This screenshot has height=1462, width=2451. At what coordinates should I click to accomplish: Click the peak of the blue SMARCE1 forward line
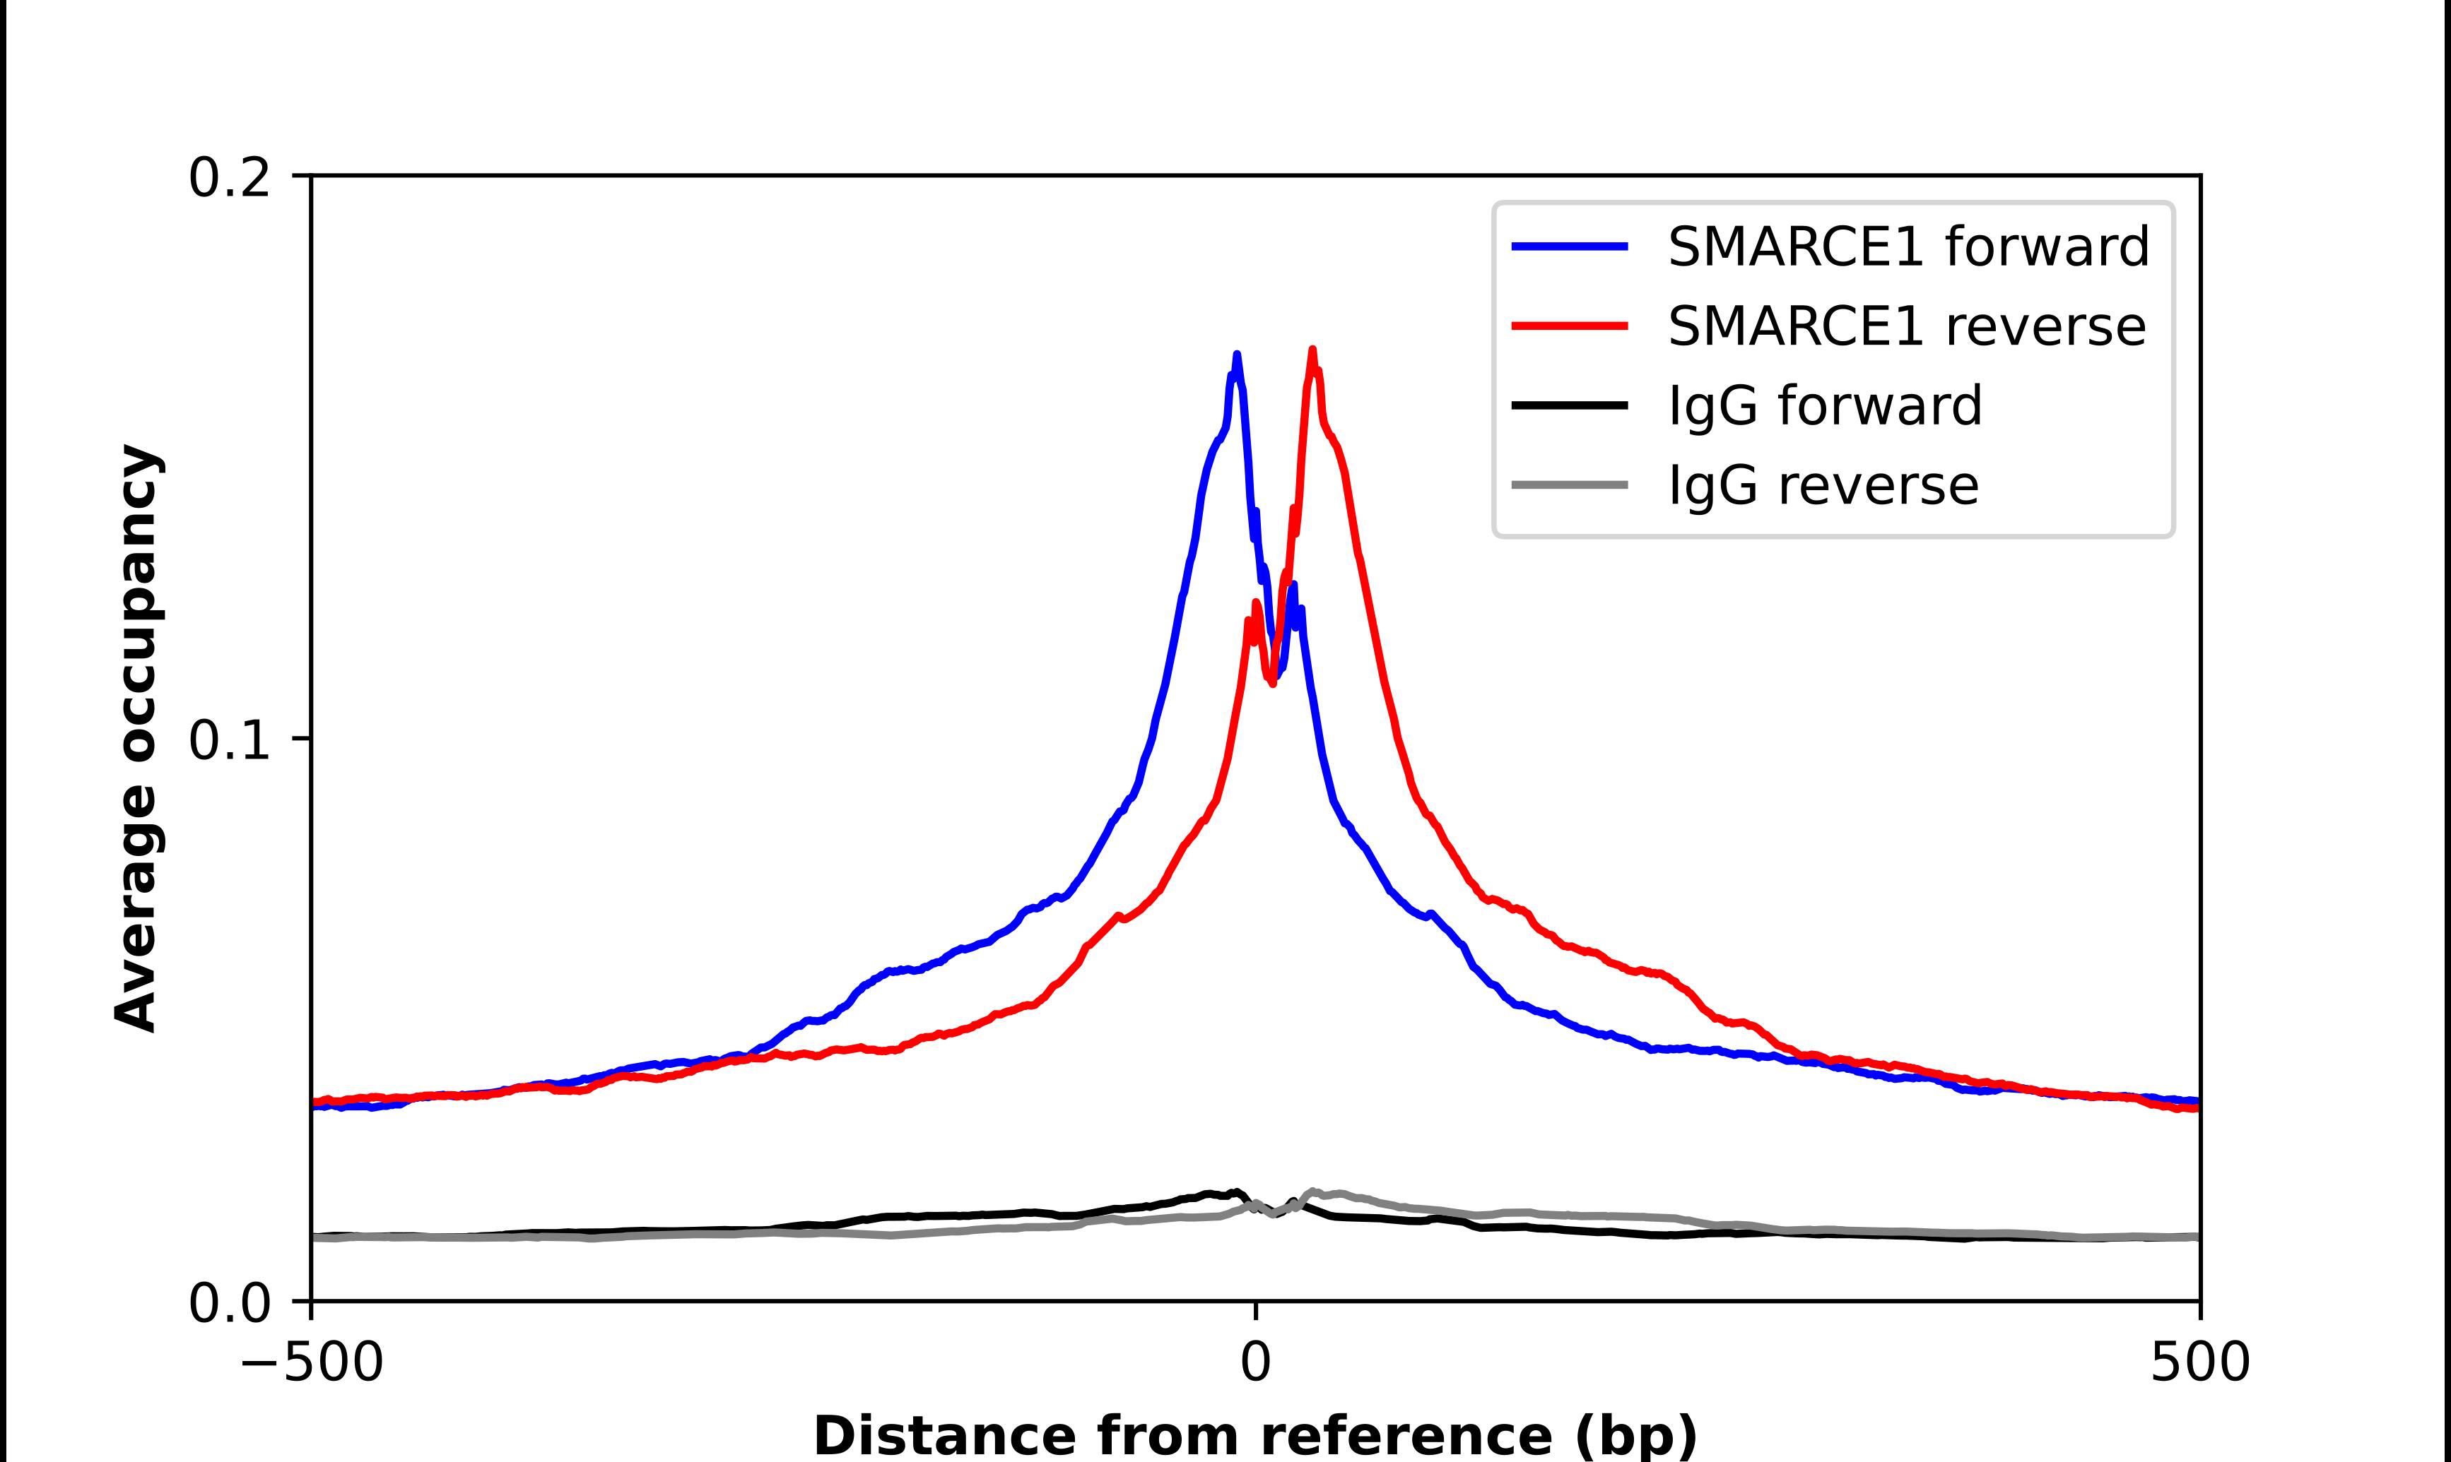(1237, 355)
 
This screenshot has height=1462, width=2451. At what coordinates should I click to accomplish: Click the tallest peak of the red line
(1312, 350)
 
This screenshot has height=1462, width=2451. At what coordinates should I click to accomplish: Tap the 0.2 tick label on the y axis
(229, 178)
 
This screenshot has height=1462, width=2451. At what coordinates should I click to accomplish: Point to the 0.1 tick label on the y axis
(229, 740)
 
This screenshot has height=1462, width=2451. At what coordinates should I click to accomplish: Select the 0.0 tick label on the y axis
(229, 1303)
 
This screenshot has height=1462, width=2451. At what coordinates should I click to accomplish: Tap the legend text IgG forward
(1824, 405)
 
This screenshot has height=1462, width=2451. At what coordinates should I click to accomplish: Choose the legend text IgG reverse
(1823, 485)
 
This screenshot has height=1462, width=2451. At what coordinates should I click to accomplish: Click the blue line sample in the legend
(1569, 246)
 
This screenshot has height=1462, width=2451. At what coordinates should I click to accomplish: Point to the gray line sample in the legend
(1569, 485)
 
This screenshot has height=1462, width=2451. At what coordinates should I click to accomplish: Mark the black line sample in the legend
(1569, 405)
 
